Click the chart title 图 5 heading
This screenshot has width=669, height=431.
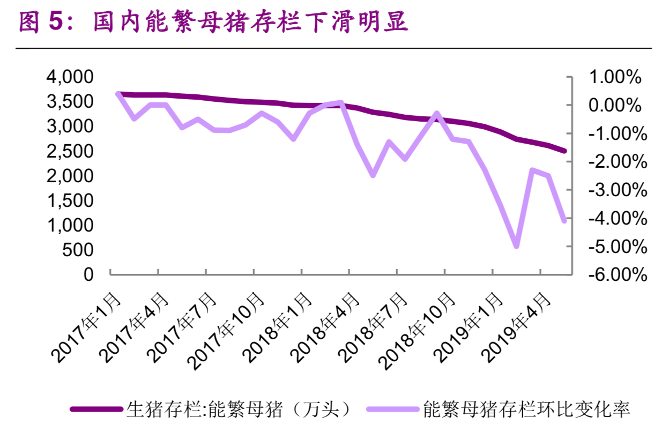click(x=213, y=22)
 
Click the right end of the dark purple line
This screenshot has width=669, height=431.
click(x=564, y=151)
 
